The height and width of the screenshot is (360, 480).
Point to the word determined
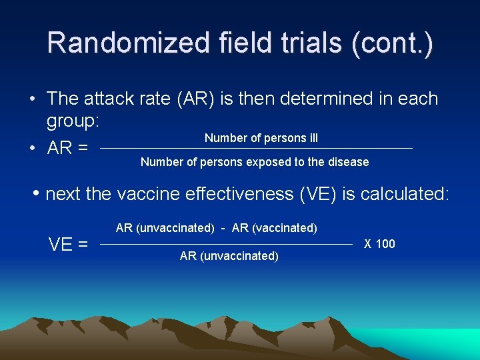(x=314, y=99)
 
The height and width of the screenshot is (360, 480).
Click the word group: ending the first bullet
(x=73, y=121)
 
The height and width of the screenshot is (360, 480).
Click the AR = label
(x=67, y=148)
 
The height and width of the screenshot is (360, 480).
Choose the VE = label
(x=68, y=245)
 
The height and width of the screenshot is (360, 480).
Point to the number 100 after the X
(x=385, y=244)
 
